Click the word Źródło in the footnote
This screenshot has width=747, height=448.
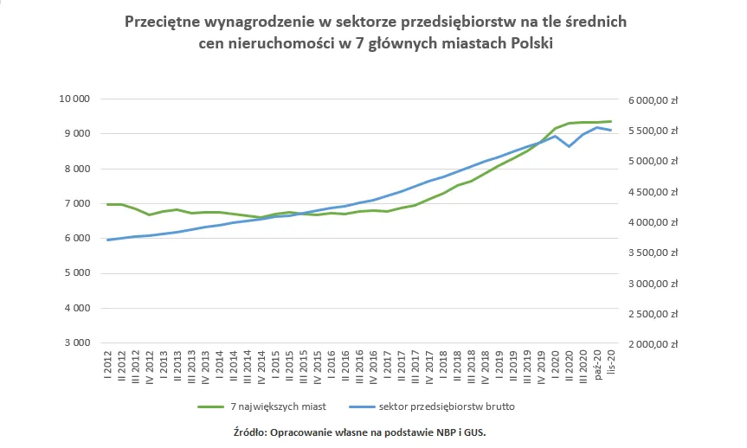coord(252,431)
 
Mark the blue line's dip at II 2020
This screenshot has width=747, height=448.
coord(569,147)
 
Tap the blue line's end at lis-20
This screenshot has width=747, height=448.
coord(611,130)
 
